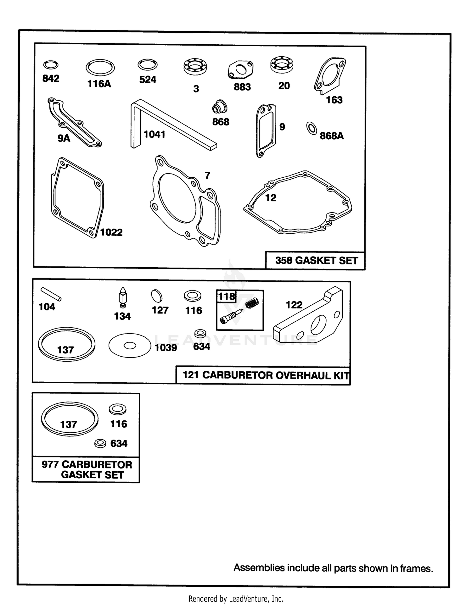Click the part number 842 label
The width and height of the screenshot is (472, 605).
point(51,78)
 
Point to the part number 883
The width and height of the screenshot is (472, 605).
point(242,87)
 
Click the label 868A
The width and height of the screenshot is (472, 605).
point(332,136)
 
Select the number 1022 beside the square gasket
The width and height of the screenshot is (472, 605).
point(111,232)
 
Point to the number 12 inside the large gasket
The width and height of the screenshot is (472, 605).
point(271,198)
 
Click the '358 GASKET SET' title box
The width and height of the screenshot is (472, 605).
point(315,260)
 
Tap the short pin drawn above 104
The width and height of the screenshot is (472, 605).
point(51,294)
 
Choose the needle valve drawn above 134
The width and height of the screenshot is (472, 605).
point(123,297)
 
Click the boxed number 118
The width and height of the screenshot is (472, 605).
point(227,296)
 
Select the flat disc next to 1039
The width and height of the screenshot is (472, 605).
point(130,346)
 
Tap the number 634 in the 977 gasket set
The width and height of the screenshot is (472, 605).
point(119,443)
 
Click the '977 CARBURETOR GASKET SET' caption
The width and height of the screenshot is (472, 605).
point(87,470)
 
